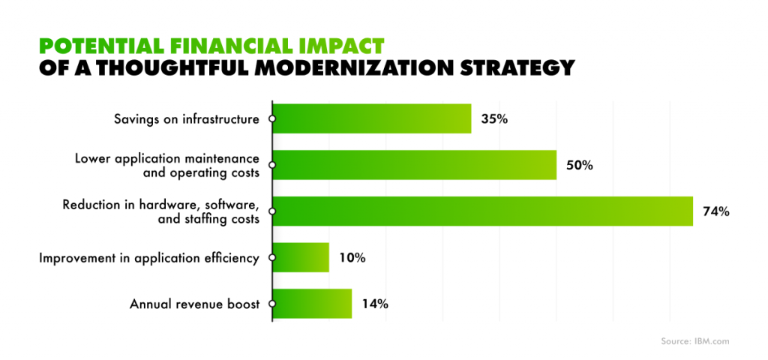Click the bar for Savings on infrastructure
point(372,118)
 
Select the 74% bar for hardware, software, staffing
point(483,211)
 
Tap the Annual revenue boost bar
point(312,304)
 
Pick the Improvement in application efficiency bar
point(301,257)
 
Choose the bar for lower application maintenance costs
point(414,164)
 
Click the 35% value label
point(494,119)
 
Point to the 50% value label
point(580,166)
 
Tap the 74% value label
point(716,211)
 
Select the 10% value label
point(352,258)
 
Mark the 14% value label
point(375,304)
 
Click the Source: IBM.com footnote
point(694,341)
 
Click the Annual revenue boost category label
point(194,304)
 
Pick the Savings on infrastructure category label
point(187,119)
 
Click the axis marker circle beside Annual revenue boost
point(272,304)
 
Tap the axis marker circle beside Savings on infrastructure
point(272,118)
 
